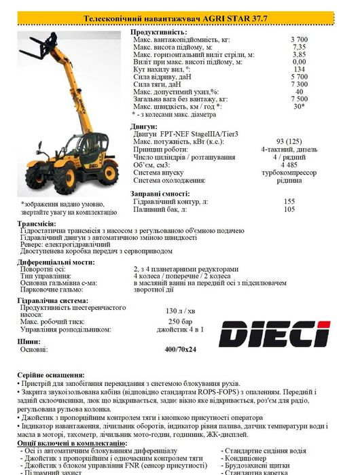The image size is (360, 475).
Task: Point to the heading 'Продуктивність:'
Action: tap(158, 33)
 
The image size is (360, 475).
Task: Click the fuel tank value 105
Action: tap(289, 209)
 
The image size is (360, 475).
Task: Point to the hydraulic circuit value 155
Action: tap(289, 202)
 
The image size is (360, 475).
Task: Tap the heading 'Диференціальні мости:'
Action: tap(55, 261)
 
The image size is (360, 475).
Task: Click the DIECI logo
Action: tap(274, 332)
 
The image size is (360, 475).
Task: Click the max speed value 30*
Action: tap(298, 106)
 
